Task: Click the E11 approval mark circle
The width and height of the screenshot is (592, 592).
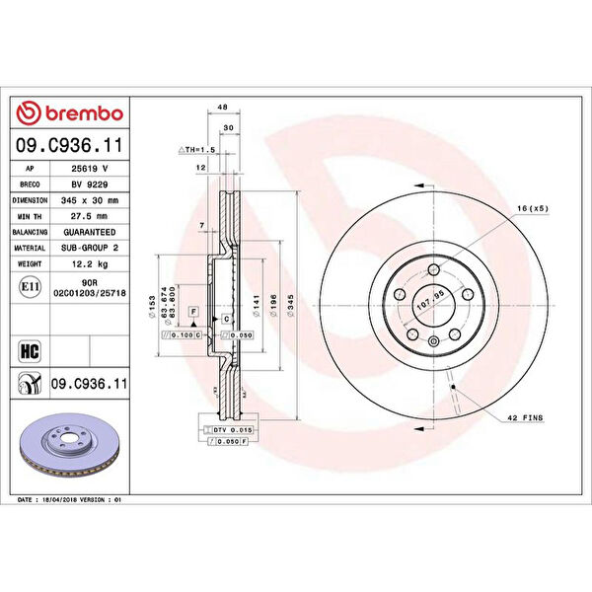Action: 29,287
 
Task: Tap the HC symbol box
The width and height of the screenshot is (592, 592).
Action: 29,349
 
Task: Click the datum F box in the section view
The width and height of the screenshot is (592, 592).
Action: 194,311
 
